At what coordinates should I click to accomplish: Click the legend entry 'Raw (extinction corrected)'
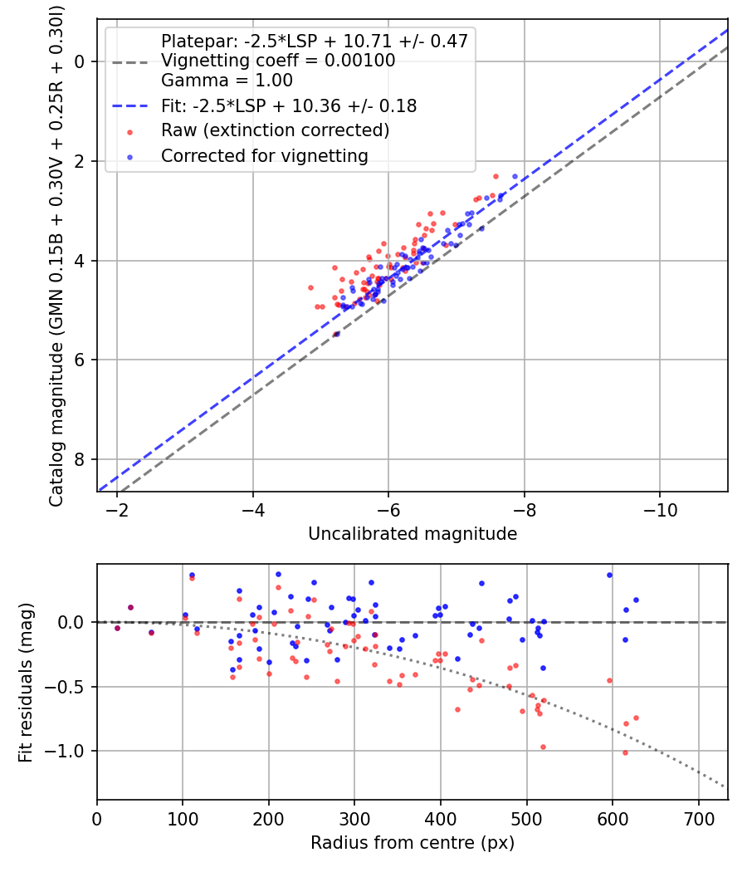(x=275, y=130)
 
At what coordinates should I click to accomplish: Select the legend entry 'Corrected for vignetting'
(x=264, y=155)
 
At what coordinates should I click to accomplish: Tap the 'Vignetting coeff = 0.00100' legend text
(x=278, y=61)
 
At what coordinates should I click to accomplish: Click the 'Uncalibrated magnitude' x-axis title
(x=413, y=534)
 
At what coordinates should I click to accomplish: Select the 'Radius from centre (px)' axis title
(x=413, y=843)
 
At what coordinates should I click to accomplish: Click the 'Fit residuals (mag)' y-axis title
(x=27, y=682)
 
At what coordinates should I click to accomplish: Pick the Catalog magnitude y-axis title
(x=56, y=254)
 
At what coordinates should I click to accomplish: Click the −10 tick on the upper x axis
(x=660, y=507)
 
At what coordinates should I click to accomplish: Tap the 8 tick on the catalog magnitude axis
(x=80, y=459)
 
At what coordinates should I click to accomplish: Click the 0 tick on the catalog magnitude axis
(x=80, y=61)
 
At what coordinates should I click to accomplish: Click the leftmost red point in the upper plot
(x=310, y=287)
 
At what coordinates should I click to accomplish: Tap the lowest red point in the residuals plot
(x=625, y=752)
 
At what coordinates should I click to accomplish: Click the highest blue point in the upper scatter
(x=515, y=176)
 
